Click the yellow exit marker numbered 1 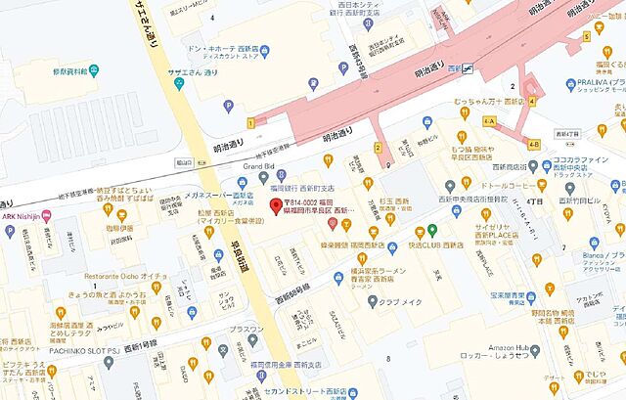pos(251,122)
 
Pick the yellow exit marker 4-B pos(534,145)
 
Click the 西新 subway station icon pos(469,68)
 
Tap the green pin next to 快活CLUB pos(432,231)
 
